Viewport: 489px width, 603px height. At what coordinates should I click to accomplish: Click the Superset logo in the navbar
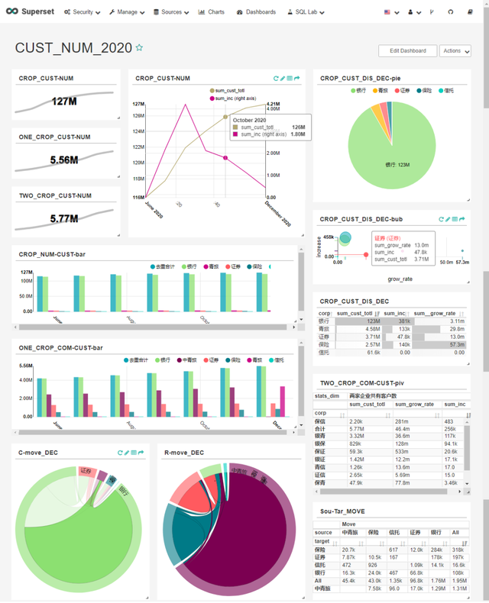[x=29, y=12]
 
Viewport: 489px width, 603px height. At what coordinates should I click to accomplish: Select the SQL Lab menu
[x=305, y=12]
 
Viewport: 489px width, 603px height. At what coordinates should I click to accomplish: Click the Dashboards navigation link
[x=256, y=12]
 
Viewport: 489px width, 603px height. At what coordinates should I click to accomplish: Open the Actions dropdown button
[x=455, y=51]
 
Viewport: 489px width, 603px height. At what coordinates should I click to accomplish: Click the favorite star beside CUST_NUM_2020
[x=139, y=47]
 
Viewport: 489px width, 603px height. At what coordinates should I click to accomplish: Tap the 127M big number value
[x=65, y=102]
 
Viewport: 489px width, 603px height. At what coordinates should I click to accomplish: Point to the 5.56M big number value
[x=65, y=160]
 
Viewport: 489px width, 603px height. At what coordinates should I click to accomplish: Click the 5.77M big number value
[x=65, y=219]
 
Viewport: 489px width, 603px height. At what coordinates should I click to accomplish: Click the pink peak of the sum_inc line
[x=186, y=105]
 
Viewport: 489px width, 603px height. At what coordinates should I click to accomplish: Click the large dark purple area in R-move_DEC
[x=229, y=534]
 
